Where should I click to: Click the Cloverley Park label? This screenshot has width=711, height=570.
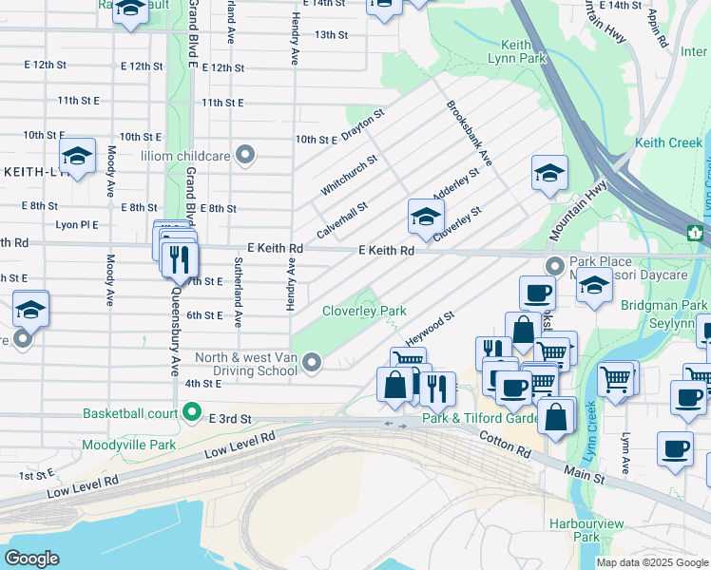364,311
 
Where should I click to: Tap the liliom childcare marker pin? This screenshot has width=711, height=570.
246,155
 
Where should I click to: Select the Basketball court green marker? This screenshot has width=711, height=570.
192,413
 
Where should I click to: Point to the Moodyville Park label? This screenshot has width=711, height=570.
129,444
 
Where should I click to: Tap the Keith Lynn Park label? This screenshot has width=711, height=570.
523,51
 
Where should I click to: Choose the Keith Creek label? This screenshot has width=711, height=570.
668,142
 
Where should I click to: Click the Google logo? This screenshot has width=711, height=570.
31,558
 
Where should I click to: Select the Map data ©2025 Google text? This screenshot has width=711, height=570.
652,562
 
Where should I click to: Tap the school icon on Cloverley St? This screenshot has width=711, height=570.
425,218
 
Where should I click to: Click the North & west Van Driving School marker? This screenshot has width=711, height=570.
310,361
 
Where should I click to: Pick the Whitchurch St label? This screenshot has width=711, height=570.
349,175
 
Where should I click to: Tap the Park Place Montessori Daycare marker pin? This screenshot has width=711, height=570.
554,264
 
